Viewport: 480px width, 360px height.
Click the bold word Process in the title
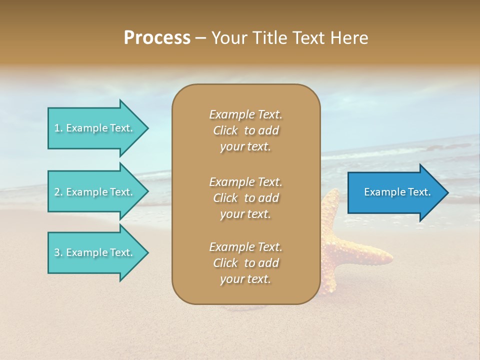(157, 38)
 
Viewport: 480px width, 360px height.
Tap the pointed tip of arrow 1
(147, 128)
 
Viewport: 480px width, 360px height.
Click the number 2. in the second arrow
(58, 192)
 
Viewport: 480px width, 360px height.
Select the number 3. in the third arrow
(58, 252)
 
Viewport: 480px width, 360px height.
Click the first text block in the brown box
(245, 130)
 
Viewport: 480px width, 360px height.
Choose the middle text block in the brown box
(245, 198)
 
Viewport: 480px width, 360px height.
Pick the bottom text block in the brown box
(245, 263)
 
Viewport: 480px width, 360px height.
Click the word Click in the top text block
(225, 130)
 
